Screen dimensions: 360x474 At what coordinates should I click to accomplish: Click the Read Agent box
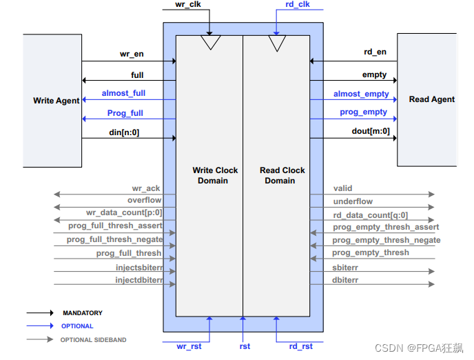(427, 99)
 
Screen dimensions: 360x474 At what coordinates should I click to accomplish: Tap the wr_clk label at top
(187, 4)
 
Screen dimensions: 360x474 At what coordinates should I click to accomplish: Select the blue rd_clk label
(298, 5)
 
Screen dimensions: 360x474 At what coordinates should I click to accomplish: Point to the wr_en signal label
(130, 54)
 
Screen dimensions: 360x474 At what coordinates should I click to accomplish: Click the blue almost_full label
(123, 93)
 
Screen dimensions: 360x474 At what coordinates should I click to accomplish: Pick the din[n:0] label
(124, 132)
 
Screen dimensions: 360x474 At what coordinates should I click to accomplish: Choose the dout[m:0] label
(367, 132)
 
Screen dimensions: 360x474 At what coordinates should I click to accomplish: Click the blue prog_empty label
(363, 112)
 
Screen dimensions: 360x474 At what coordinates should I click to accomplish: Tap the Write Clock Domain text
(215, 175)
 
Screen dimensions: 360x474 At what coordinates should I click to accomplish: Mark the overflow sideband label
(144, 201)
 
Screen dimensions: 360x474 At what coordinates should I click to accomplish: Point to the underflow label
(353, 201)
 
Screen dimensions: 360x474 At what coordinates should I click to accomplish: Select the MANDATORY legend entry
(82, 313)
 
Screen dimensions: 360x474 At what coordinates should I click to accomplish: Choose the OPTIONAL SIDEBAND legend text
(93, 339)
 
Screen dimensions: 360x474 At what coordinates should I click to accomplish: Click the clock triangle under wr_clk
(209, 43)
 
